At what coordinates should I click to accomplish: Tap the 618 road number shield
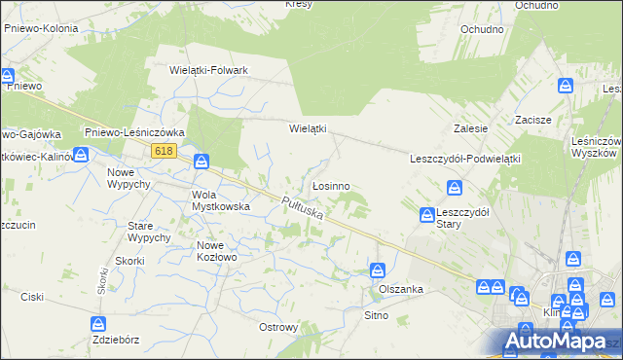pyautogui.click(x=164, y=150)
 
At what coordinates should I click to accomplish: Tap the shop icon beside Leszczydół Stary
pyautogui.click(x=427, y=215)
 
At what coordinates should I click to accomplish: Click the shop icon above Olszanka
pyautogui.click(x=377, y=270)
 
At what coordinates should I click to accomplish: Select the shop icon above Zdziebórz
pyautogui.click(x=97, y=324)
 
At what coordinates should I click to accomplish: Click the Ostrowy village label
pyautogui.click(x=277, y=327)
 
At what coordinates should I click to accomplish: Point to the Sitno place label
pyautogui.click(x=376, y=315)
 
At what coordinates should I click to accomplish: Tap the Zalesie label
pyautogui.click(x=470, y=128)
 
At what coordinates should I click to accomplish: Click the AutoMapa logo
pyautogui.click(x=550, y=342)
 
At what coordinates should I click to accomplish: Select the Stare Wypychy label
pyautogui.click(x=149, y=232)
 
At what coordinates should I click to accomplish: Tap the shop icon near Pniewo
pyautogui.click(x=7, y=75)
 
